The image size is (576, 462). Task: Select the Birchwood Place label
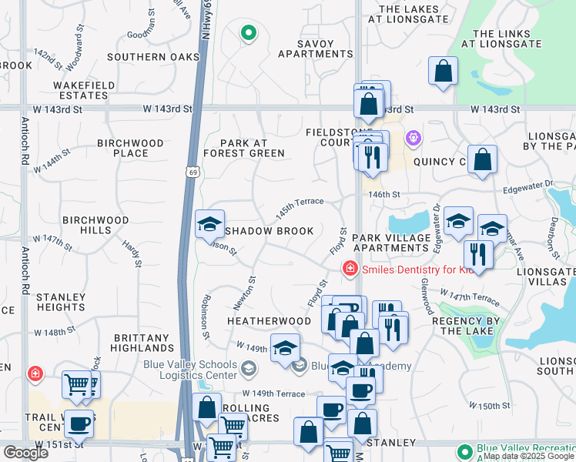(x=131, y=148)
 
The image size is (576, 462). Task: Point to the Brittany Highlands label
(x=141, y=343)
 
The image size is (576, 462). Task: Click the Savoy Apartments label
(x=315, y=49)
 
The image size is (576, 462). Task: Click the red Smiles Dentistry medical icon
(x=350, y=269)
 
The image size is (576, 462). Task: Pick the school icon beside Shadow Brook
(x=209, y=225)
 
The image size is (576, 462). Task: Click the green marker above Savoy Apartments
(x=247, y=33)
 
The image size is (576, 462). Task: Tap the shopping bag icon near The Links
(x=444, y=72)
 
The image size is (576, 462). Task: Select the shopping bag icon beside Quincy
(x=482, y=159)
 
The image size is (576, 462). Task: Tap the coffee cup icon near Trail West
(x=79, y=423)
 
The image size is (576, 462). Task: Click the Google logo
(x=25, y=453)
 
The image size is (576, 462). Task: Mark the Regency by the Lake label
(x=467, y=326)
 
